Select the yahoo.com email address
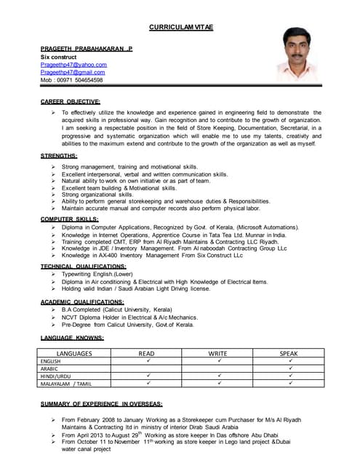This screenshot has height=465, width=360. pos(73,65)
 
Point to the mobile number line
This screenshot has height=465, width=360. pos(71,81)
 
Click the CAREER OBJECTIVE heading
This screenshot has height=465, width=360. pos(71,102)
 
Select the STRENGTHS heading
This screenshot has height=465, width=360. pos(59,155)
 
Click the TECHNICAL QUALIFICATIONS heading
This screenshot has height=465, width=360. pos(82,267)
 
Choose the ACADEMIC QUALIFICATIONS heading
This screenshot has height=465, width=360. pos(82,301)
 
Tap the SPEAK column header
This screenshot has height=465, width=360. pos(289,353)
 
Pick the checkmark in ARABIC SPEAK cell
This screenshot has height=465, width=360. pos(289,368)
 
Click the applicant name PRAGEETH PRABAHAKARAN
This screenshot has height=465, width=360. pos(87,49)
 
